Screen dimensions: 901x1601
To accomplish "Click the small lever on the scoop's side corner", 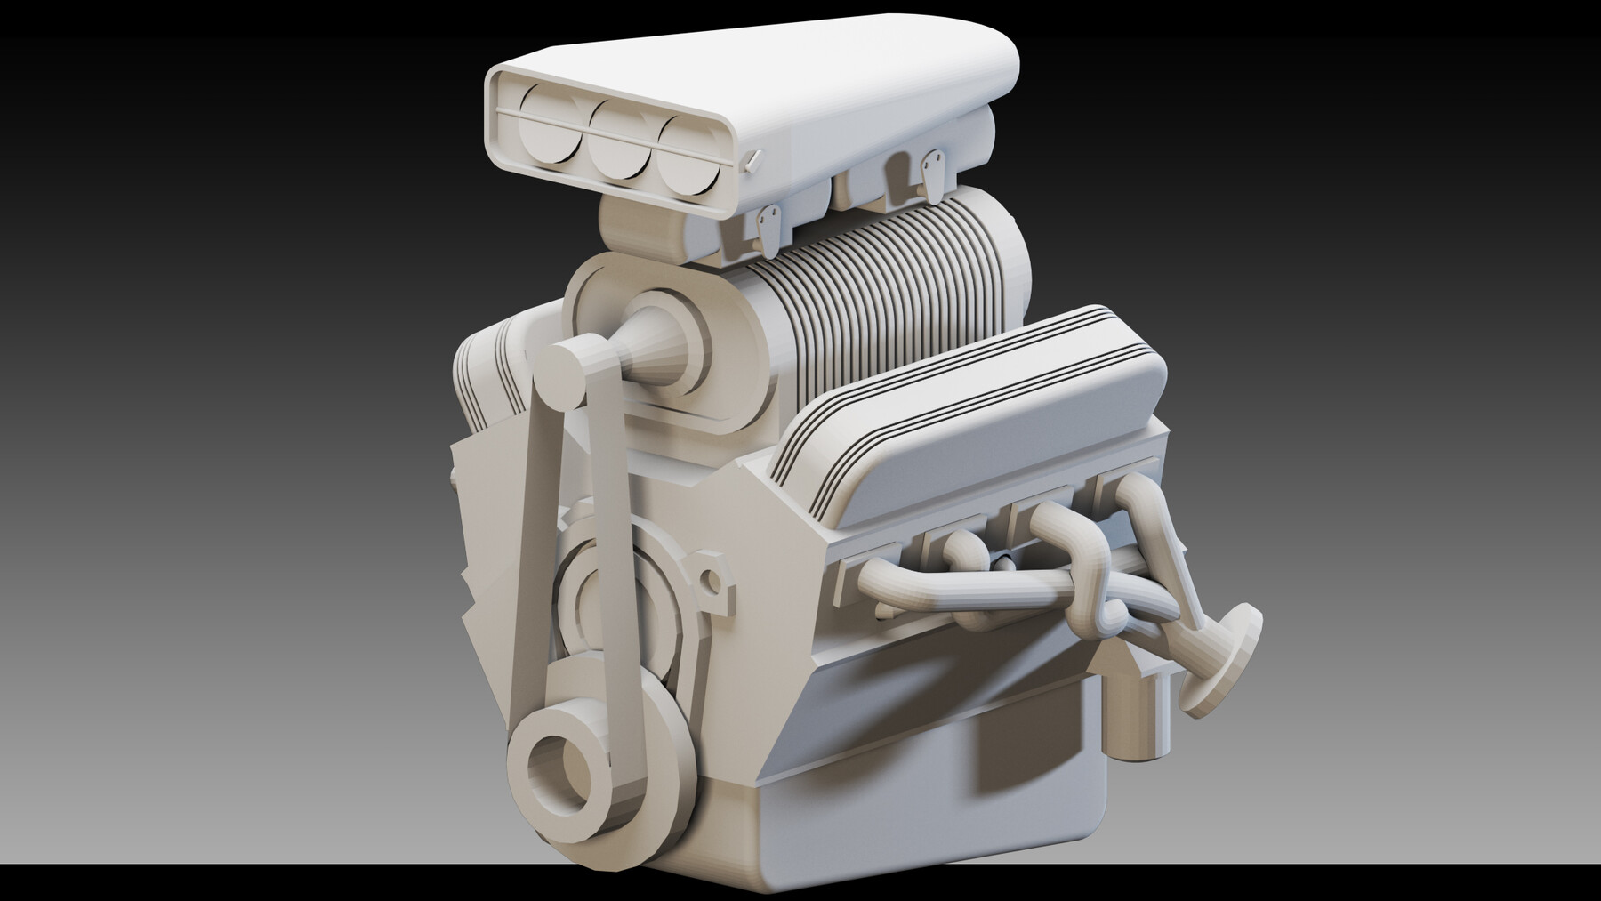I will tap(753, 160).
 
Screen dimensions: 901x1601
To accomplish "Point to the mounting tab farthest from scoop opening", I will tap(933, 173).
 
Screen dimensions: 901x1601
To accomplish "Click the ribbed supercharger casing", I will tap(889, 285).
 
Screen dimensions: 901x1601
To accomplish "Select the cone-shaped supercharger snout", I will tap(654, 351).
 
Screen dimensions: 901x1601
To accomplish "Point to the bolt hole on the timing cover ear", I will tap(712, 582).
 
